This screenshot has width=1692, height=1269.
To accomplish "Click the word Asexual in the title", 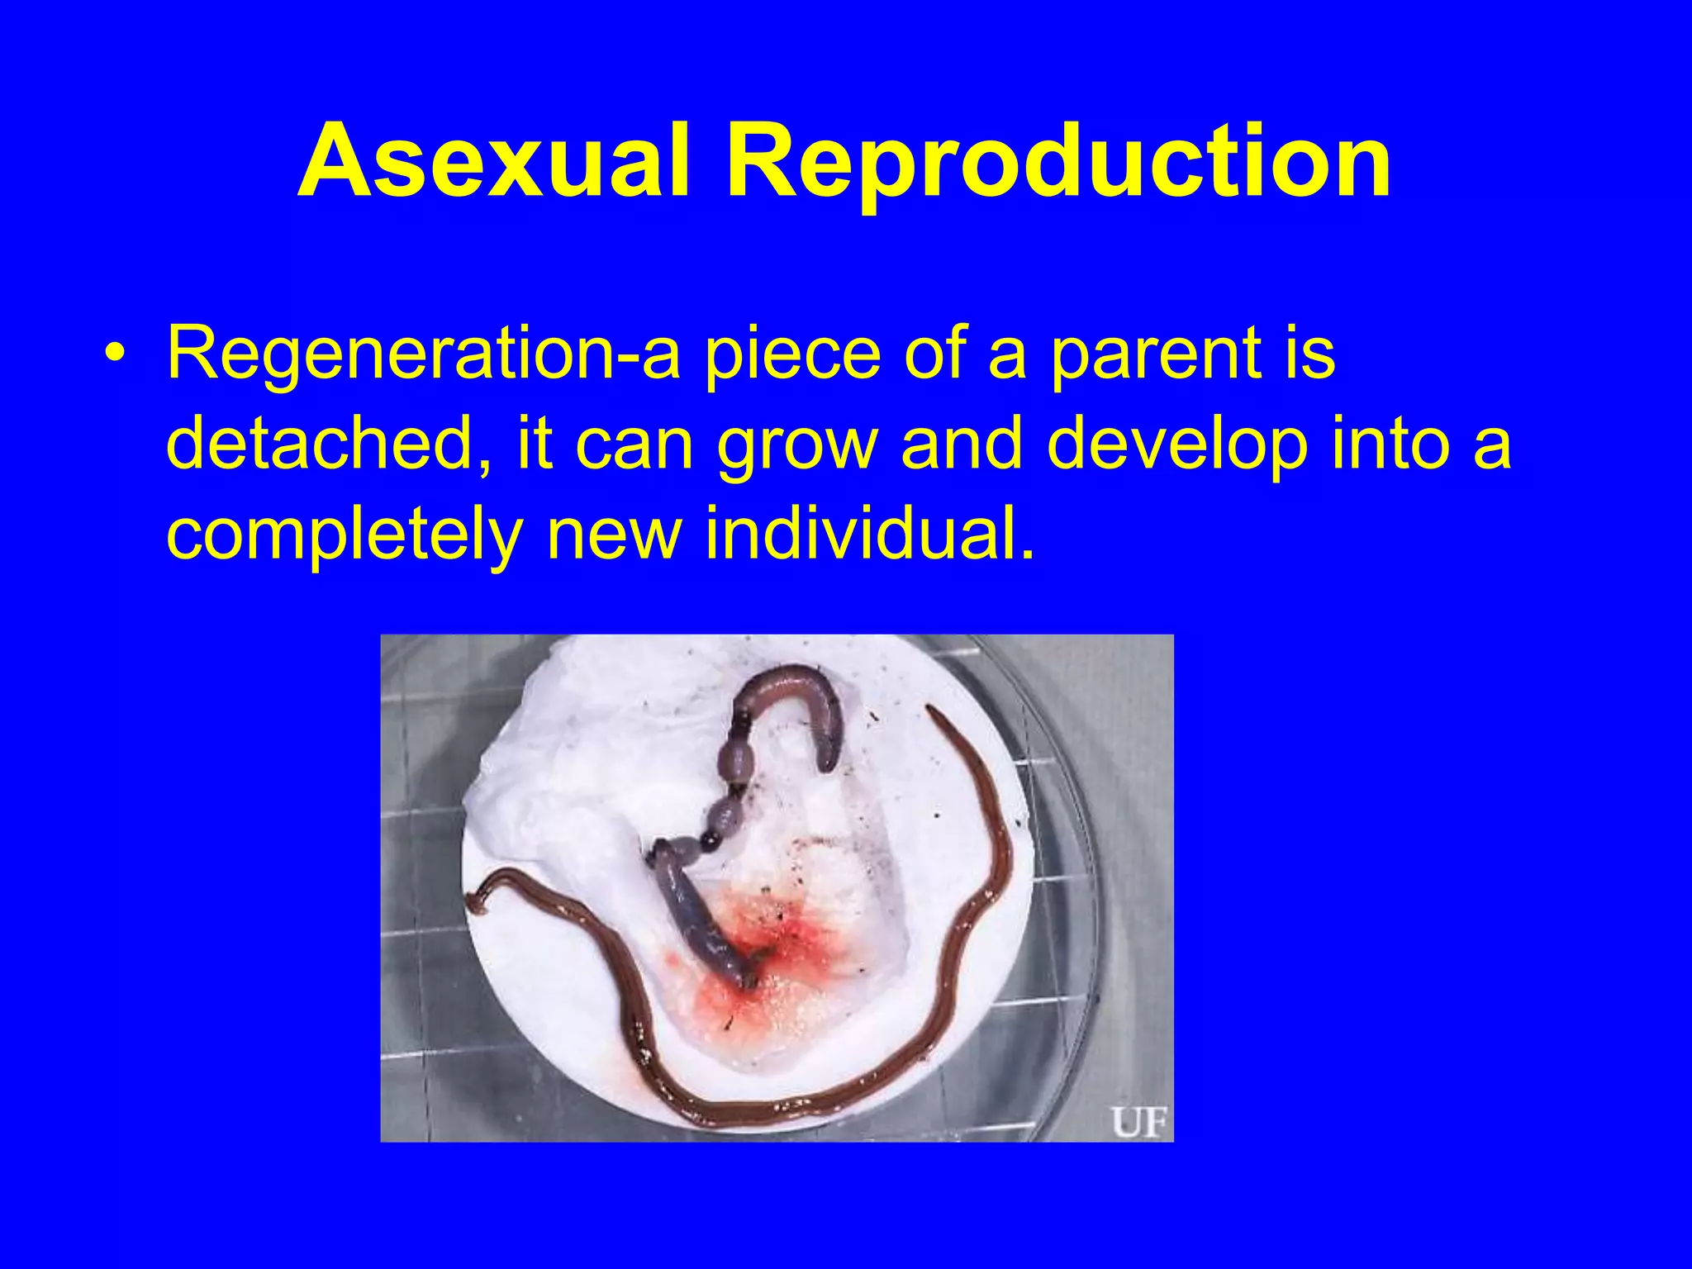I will pyautogui.click(x=493, y=162).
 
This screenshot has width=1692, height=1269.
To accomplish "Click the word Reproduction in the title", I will pyautogui.click(x=1058, y=162).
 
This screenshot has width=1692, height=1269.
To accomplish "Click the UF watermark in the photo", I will pyautogui.click(x=1138, y=1122).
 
